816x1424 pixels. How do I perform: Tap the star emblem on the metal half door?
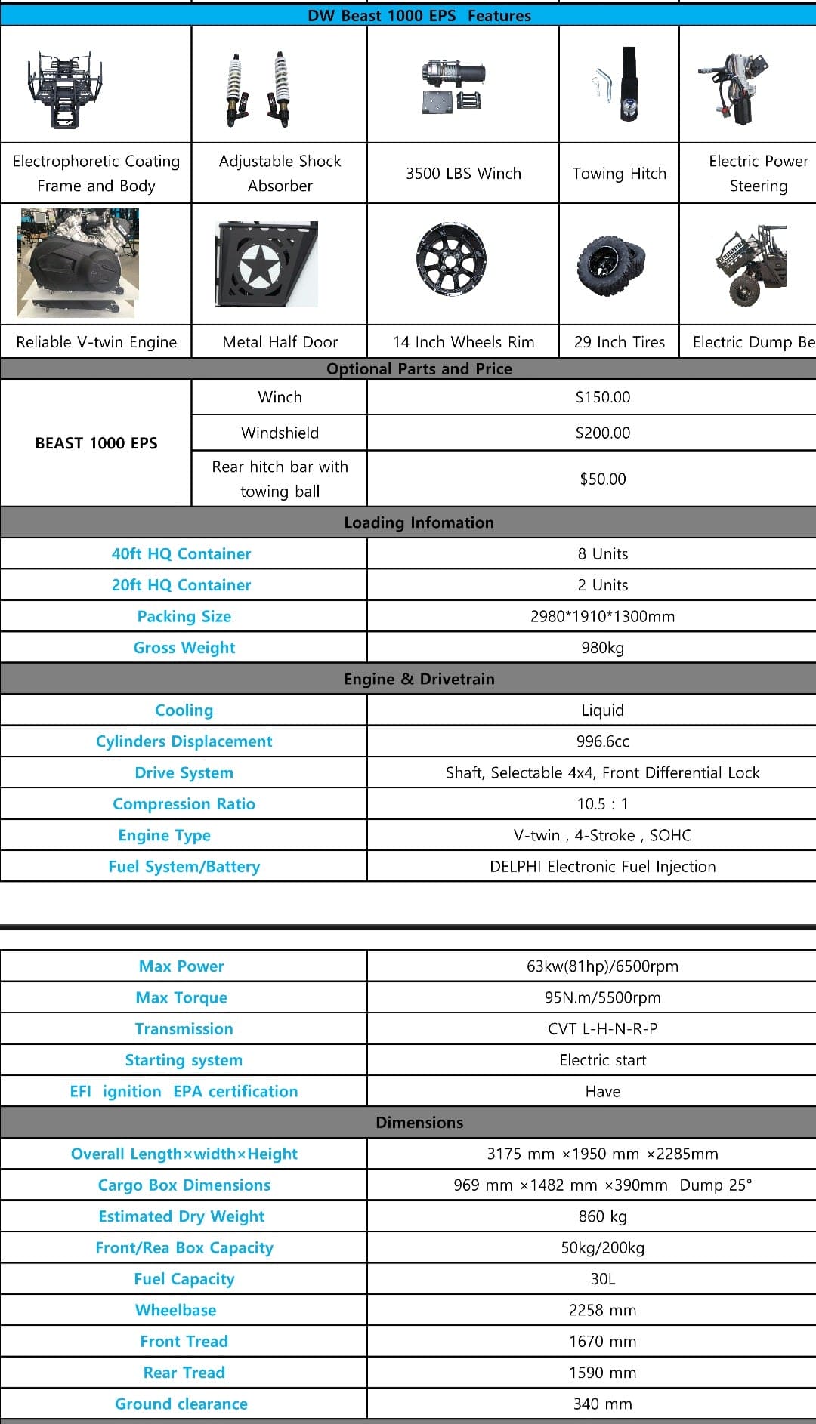coord(260,265)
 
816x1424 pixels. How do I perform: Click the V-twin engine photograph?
coord(78,263)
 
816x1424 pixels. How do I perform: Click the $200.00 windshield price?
coord(602,433)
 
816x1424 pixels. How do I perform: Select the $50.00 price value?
coord(602,479)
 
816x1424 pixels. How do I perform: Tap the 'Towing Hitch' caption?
coord(619,174)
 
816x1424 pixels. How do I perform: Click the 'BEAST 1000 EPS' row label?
coord(96,443)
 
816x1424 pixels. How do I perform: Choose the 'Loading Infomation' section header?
coord(419,522)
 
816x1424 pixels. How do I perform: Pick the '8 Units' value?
coord(602,553)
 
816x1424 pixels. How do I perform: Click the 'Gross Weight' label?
coord(184,648)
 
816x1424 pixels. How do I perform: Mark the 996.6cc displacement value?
coord(602,741)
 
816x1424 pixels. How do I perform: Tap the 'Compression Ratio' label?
coord(184,804)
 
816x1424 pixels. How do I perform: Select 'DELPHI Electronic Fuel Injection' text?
coord(602,867)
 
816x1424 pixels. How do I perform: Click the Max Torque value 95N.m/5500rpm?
coord(602,997)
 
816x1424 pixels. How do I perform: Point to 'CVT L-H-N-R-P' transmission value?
coord(602,1029)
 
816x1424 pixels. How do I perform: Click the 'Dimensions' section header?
coord(419,1123)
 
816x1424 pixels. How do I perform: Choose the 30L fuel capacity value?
coord(602,1279)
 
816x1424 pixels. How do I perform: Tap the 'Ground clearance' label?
coord(181,1404)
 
